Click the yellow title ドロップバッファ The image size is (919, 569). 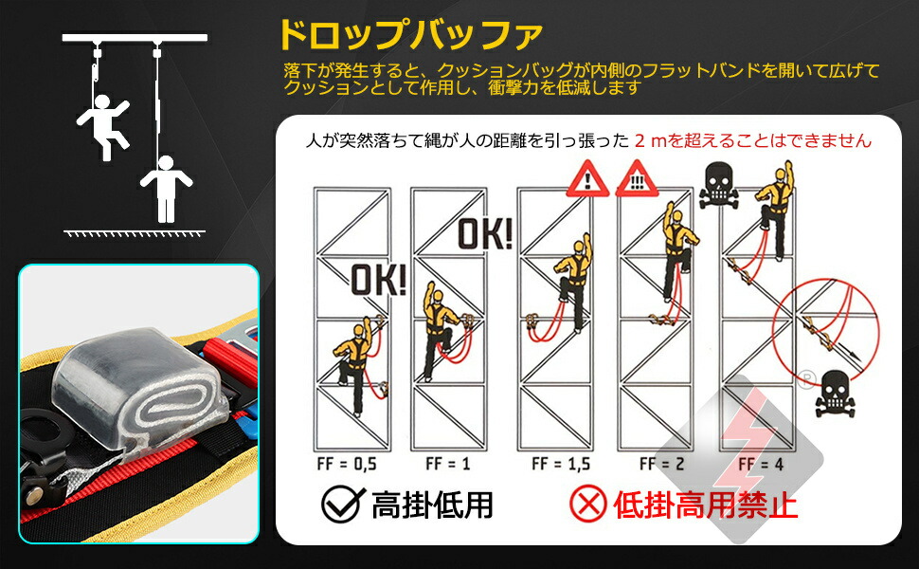coord(410,35)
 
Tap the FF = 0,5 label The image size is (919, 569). coord(347,464)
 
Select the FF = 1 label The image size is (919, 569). coord(448,464)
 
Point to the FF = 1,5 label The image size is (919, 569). coord(560,464)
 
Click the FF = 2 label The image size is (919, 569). coord(661,464)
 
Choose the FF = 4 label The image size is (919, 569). coord(761,465)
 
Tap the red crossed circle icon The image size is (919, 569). coord(587,504)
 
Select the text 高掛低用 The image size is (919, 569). coord(433,505)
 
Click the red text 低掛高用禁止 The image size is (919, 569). coord(706,505)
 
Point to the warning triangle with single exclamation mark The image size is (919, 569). coord(587,179)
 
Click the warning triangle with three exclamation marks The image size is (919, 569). coord(637,179)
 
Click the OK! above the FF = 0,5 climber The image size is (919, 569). coord(379,280)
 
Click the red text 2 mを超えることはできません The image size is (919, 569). coord(753,140)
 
